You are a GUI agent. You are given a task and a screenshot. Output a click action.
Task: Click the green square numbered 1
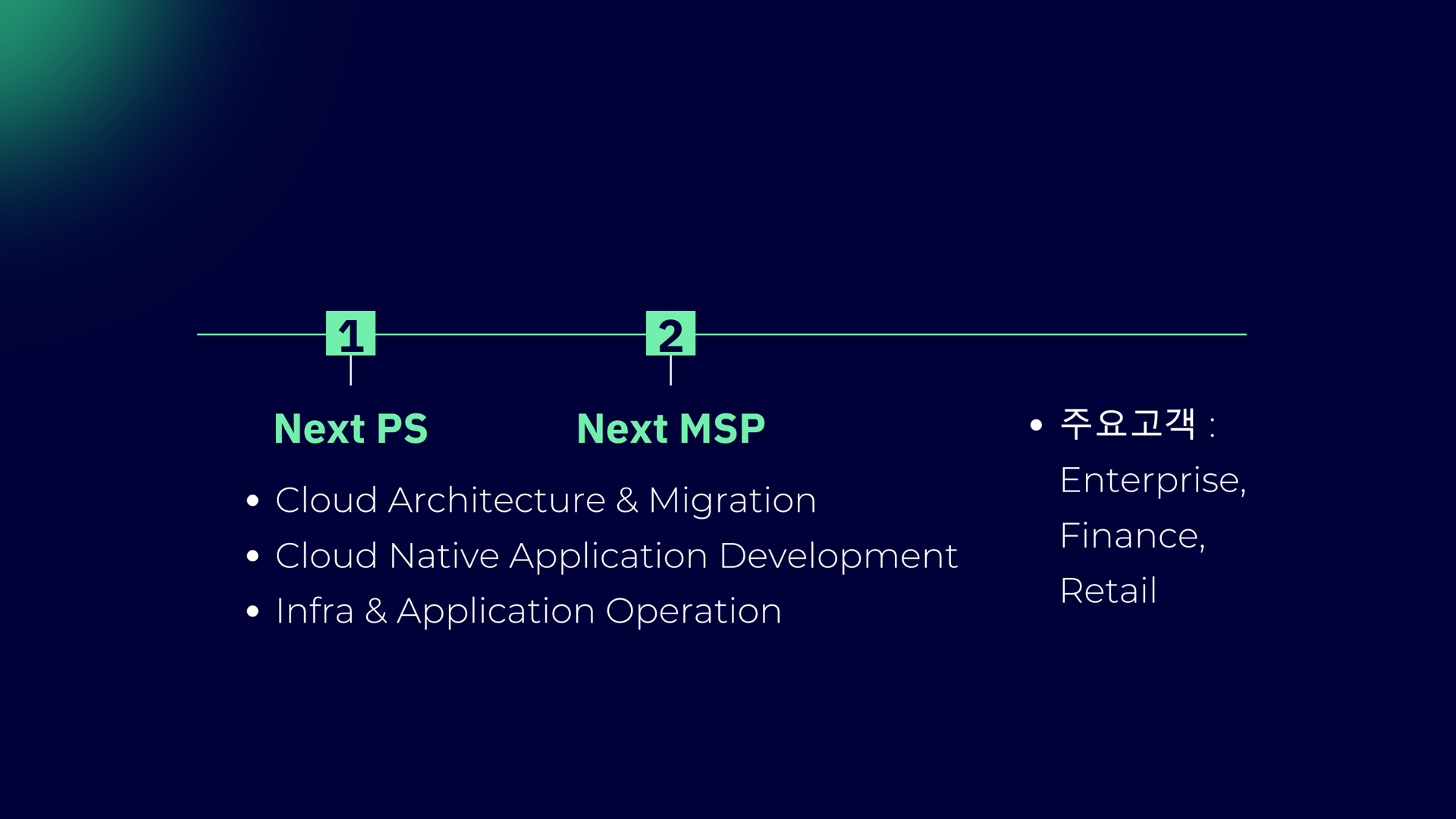tap(350, 333)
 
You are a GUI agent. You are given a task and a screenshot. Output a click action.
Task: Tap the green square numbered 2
tap(670, 333)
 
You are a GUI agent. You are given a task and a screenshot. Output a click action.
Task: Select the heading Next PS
tap(350, 428)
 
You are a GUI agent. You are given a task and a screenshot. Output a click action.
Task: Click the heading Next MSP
tap(670, 428)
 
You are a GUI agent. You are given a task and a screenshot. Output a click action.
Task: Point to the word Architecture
tap(497, 500)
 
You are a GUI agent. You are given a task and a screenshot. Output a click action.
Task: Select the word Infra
tap(315, 611)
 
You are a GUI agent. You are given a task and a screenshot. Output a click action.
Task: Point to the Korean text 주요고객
tap(1127, 423)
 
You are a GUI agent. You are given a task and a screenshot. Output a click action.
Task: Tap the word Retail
tap(1108, 591)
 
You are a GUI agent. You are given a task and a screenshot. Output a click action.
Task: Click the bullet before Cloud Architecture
tap(253, 500)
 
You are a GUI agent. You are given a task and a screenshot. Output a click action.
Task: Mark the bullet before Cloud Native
tap(253, 556)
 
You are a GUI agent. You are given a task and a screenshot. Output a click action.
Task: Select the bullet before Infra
tap(253, 611)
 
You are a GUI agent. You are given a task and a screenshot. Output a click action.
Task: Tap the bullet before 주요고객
tap(1037, 425)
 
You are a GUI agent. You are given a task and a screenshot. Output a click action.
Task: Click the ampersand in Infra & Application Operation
tap(375, 611)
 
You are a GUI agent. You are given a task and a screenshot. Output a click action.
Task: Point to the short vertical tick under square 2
tap(670, 370)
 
